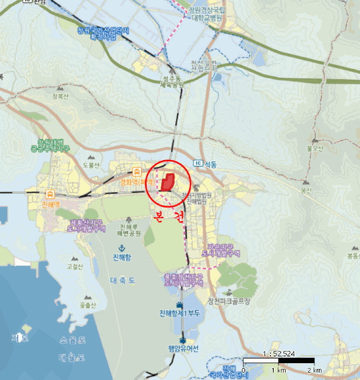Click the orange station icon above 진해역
click(x=50, y=194)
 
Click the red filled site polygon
click(x=167, y=182)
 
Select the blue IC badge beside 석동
click(x=198, y=163)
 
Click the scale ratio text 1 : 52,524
click(x=279, y=353)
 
